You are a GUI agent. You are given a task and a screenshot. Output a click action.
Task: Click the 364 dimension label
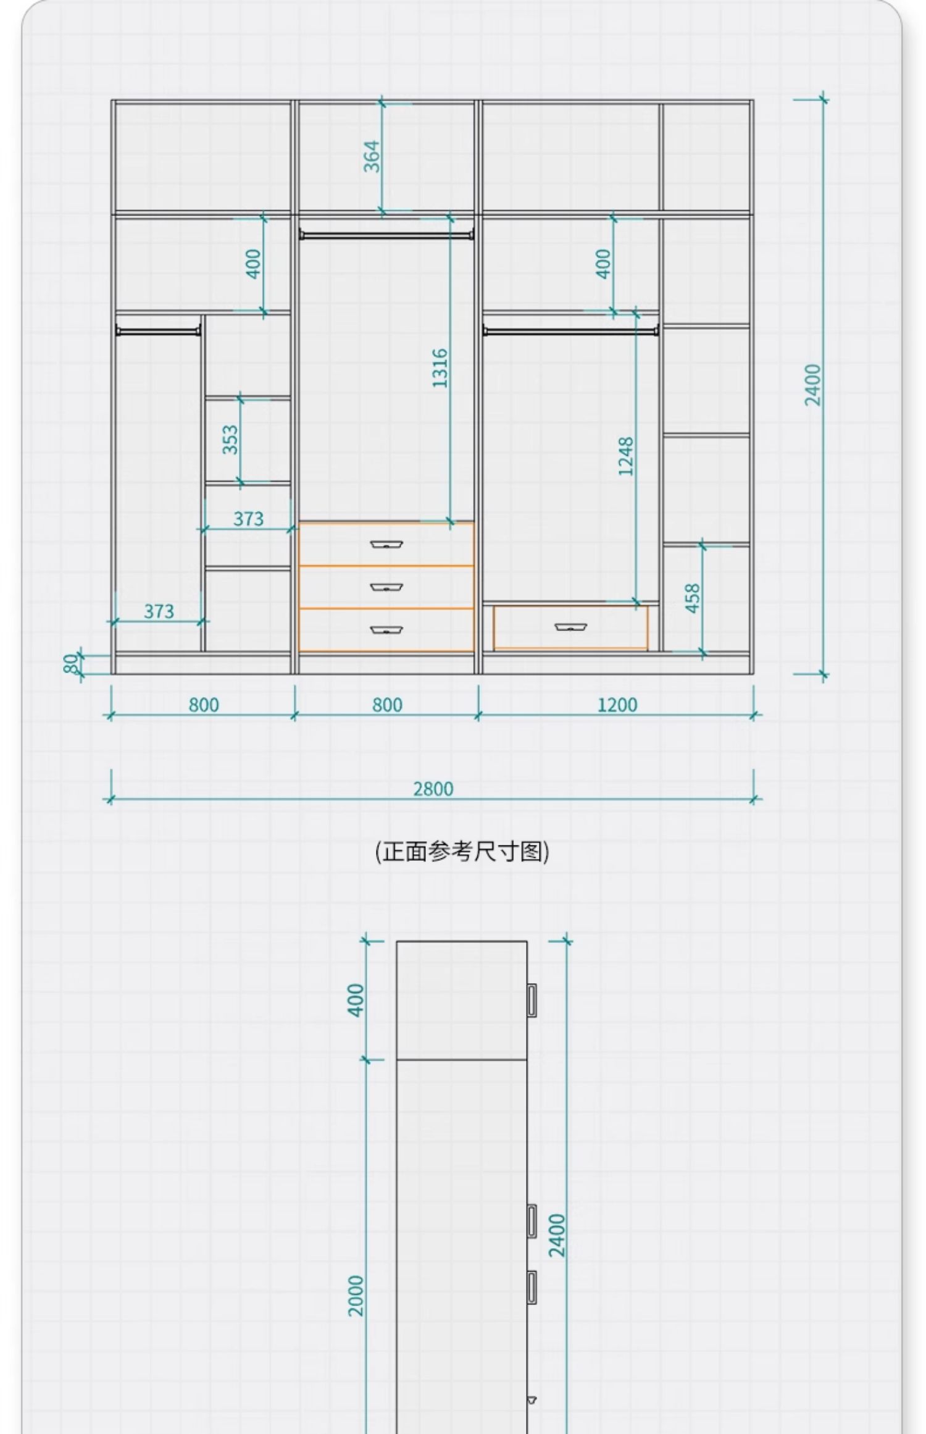pyautogui.click(x=372, y=156)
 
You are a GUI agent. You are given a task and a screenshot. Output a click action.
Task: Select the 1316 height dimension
pyautogui.click(x=440, y=368)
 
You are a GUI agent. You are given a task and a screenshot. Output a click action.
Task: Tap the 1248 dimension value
pyautogui.click(x=626, y=456)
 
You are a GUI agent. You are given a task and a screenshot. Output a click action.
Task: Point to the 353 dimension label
pyautogui.click(x=230, y=439)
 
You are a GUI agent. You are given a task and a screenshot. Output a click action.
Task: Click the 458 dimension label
pyautogui.click(x=693, y=598)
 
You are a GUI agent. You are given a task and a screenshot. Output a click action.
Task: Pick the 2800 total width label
pyautogui.click(x=433, y=789)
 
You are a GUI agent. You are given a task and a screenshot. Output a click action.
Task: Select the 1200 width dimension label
pyautogui.click(x=617, y=705)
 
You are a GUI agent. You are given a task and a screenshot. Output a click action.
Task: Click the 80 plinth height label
pyautogui.click(x=72, y=663)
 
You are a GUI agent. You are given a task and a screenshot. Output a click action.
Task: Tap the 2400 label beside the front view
pyautogui.click(x=813, y=385)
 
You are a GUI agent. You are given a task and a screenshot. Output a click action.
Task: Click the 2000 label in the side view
pyautogui.click(x=356, y=1295)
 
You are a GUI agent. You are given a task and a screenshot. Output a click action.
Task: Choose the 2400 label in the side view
pyautogui.click(x=557, y=1235)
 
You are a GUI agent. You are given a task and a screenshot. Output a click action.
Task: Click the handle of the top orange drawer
pyautogui.click(x=386, y=544)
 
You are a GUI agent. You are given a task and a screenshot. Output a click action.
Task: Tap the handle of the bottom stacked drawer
pyautogui.click(x=386, y=630)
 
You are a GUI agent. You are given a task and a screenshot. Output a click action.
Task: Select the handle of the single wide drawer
pyautogui.click(x=570, y=627)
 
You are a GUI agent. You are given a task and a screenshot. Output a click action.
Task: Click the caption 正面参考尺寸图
pyautogui.click(x=462, y=852)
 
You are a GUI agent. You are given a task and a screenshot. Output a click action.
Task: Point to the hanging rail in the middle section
pyautogui.click(x=386, y=235)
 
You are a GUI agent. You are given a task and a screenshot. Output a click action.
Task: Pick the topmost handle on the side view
pyautogui.click(x=531, y=999)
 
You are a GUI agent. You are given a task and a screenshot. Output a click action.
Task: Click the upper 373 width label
pyautogui.click(x=248, y=519)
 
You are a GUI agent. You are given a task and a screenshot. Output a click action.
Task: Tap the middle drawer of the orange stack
pyautogui.click(x=386, y=587)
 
